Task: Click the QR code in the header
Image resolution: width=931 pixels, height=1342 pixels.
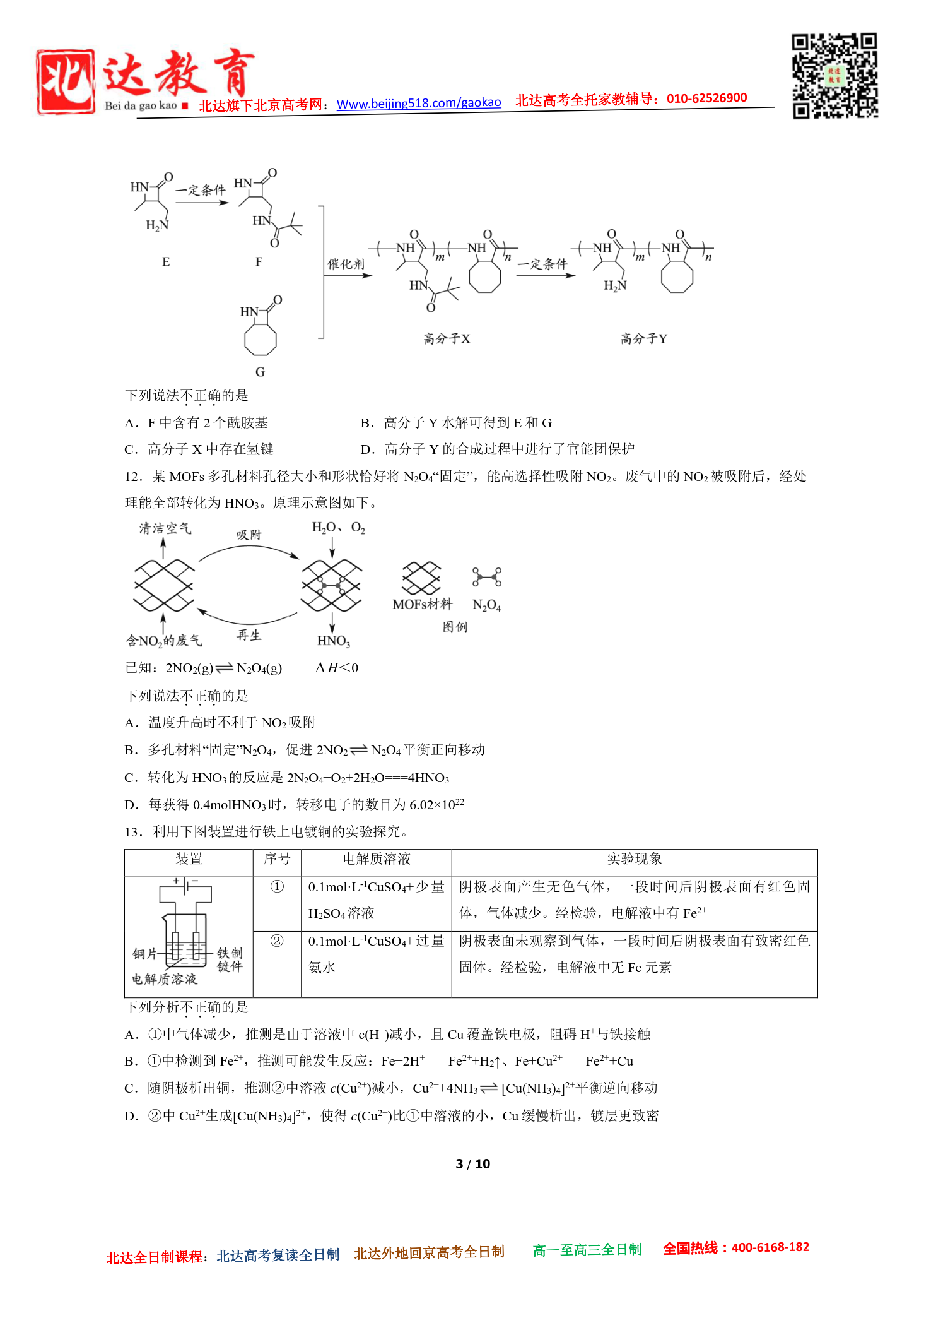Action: click(834, 76)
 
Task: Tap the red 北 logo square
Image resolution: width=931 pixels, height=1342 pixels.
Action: click(66, 82)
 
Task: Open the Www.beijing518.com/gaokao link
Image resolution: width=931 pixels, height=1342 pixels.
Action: click(419, 103)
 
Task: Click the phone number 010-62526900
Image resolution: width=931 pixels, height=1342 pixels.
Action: click(706, 98)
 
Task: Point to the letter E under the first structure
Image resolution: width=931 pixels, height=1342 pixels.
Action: click(166, 262)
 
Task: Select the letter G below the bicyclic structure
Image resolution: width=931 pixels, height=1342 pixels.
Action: click(260, 372)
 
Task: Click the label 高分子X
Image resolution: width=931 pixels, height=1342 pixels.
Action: click(447, 339)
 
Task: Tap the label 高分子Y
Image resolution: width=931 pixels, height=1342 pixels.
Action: click(643, 339)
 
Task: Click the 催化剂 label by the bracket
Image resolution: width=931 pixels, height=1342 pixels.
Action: click(346, 264)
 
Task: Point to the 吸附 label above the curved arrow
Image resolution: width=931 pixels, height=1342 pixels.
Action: click(249, 535)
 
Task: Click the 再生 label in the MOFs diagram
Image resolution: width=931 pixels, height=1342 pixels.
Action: click(249, 635)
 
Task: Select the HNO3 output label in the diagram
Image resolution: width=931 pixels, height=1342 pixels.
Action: click(333, 641)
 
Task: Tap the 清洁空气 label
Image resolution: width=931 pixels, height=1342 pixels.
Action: click(165, 528)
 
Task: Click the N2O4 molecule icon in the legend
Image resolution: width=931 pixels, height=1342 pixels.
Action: click(487, 577)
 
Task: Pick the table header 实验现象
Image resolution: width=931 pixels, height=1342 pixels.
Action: click(635, 858)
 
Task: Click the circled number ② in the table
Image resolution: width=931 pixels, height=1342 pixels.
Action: click(277, 941)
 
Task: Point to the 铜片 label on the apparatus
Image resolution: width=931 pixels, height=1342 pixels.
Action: click(144, 953)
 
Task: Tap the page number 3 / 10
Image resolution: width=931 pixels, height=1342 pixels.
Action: click(472, 1163)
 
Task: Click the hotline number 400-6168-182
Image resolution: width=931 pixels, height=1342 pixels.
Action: click(770, 1247)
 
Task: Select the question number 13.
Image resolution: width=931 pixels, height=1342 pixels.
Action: click(134, 831)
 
